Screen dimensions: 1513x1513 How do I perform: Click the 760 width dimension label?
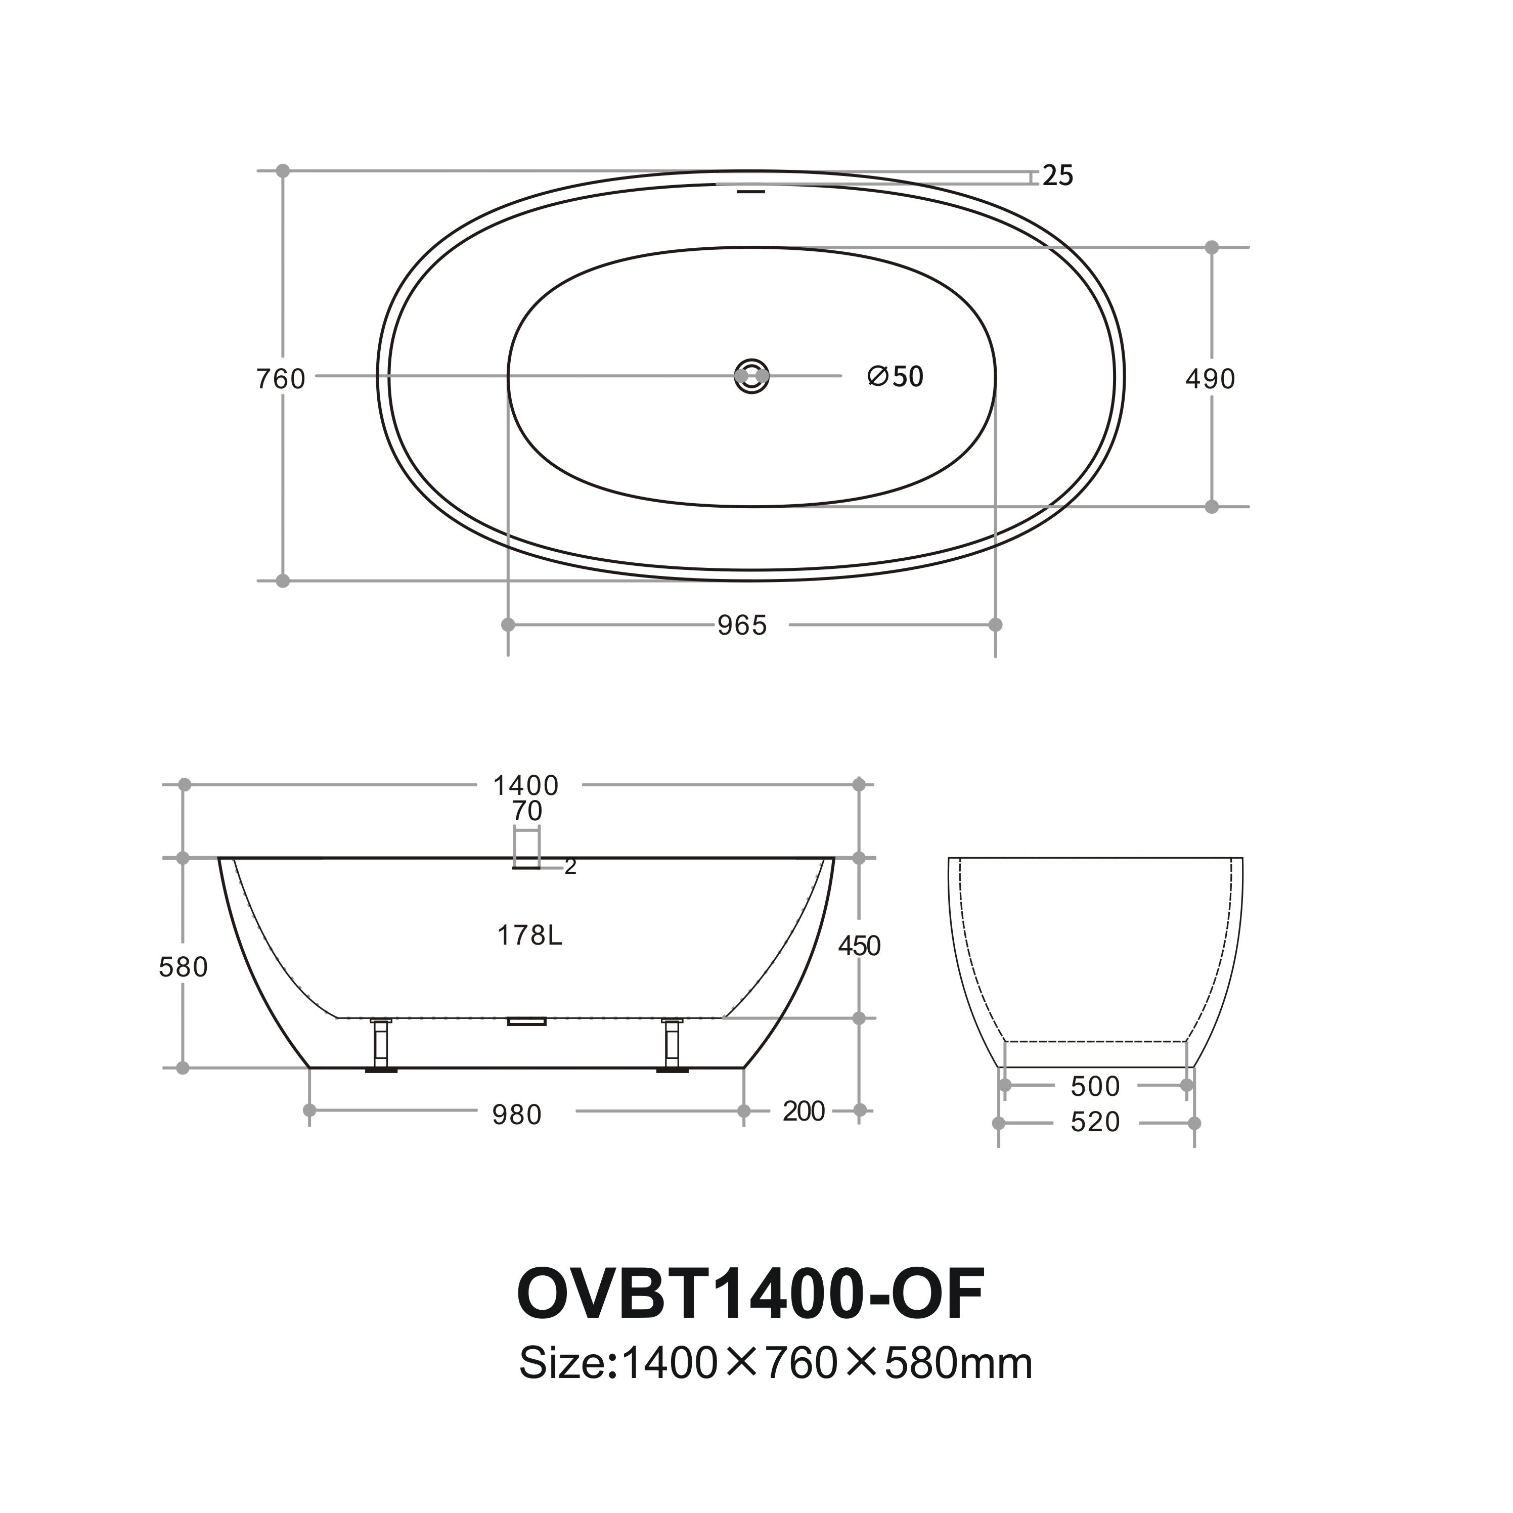pos(280,379)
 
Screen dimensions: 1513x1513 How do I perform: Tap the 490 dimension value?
pos(1210,379)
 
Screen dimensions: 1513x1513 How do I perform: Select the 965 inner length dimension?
pos(742,625)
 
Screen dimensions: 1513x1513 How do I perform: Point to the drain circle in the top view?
pos(752,376)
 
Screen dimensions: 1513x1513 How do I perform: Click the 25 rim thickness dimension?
pos(1057,175)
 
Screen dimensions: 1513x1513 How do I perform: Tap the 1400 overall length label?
pos(525,785)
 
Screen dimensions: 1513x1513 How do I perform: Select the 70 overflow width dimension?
pos(527,811)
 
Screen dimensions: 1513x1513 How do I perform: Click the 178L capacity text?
pos(530,935)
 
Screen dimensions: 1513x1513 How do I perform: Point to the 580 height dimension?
pos(183,967)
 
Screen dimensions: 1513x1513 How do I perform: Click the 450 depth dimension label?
pos(859,946)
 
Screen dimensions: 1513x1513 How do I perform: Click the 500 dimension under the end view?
pos(1095,1086)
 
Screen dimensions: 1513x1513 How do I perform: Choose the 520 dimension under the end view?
pos(1095,1122)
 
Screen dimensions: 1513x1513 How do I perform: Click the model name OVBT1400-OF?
pos(750,1295)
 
